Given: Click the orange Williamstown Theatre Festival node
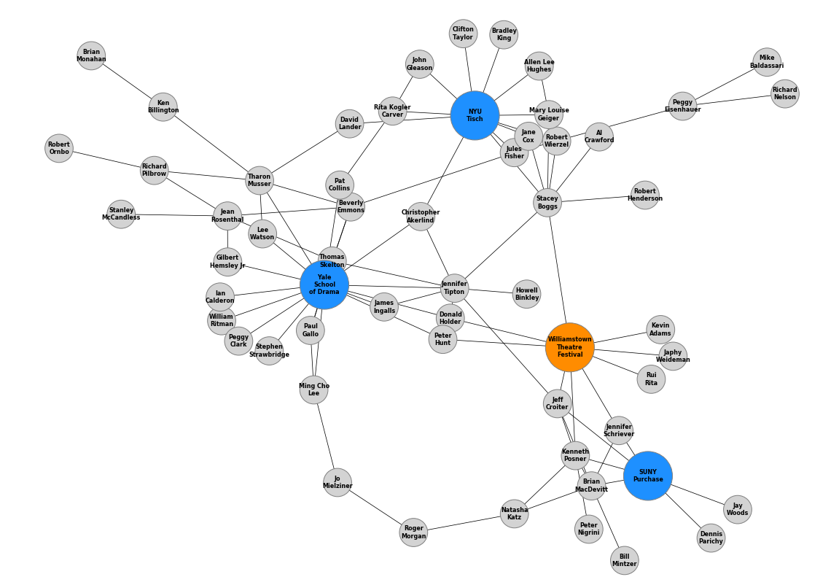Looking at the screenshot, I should click(x=569, y=347).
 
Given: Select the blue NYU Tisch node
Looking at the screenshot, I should click(x=475, y=115).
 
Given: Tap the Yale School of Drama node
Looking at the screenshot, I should click(x=324, y=284).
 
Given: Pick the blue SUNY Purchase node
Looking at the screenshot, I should click(x=647, y=476).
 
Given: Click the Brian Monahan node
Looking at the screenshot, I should click(x=91, y=55).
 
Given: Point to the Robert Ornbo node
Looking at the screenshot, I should click(x=59, y=148).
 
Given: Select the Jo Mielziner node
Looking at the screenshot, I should click(x=337, y=482).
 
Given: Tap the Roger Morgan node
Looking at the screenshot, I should click(x=413, y=532).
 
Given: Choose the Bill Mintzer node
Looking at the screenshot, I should click(x=624, y=560).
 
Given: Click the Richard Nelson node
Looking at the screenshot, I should click(x=784, y=93).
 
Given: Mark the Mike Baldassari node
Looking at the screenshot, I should click(x=767, y=62).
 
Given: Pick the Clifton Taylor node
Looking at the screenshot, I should click(x=463, y=34).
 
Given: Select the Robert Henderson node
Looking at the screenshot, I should click(x=644, y=195).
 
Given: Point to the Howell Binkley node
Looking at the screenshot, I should click(x=526, y=294).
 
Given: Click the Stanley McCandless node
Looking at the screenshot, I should click(x=121, y=214).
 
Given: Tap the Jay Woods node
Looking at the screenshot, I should click(x=737, y=509).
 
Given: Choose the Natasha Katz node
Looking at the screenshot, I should click(x=514, y=514).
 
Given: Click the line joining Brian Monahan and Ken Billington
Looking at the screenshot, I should click(x=127, y=81).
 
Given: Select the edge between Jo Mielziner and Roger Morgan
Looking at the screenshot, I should click(x=375, y=508).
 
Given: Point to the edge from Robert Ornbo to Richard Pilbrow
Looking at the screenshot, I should click(x=106, y=159).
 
